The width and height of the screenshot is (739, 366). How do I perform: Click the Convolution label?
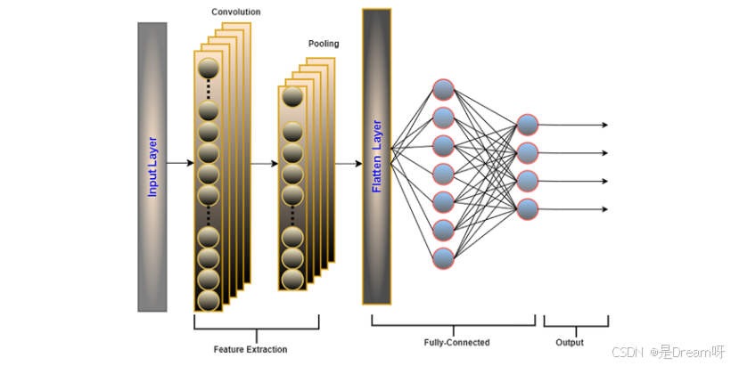(x=235, y=12)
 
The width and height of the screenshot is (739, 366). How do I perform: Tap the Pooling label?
(x=324, y=44)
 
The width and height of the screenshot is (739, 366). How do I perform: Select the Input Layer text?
(x=152, y=167)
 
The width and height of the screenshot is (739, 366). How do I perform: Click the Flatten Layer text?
(x=376, y=156)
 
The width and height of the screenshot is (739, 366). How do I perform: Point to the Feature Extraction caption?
(x=250, y=349)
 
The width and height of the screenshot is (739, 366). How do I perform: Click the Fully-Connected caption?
(x=456, y=342)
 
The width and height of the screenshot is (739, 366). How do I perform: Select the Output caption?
(x=570, y=342)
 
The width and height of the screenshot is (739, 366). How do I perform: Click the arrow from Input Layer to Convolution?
(x=180, y=164)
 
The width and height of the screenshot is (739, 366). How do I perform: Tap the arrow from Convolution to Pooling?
(x=264, y=164)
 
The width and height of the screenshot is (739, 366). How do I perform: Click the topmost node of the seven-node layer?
(x=444, y=90)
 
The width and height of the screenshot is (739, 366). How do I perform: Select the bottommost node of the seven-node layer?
(x=444, y=258)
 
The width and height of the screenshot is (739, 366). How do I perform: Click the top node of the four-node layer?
(x=528, y=125)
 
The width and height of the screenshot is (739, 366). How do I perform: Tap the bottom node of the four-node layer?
(x=528, y=209)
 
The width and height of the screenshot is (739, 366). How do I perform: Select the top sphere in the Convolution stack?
(x=208, y=69)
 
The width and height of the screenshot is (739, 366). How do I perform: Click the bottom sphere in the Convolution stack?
(x=208, y=300)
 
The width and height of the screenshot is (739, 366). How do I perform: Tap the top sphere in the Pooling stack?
(x=292, y=97)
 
